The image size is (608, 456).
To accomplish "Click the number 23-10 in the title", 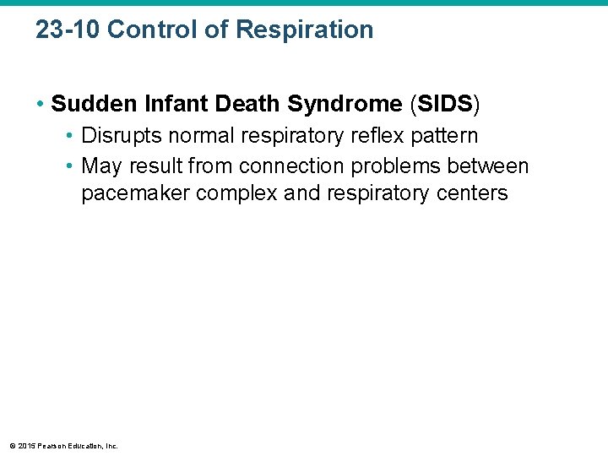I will (68, 30).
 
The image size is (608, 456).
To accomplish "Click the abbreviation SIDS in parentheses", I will (444, 104).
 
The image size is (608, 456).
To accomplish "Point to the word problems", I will (397, 166).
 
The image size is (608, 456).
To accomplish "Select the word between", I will (491, 166).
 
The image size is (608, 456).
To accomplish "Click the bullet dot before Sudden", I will (40, 105).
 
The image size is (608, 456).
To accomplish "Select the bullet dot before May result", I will (70, 166).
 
